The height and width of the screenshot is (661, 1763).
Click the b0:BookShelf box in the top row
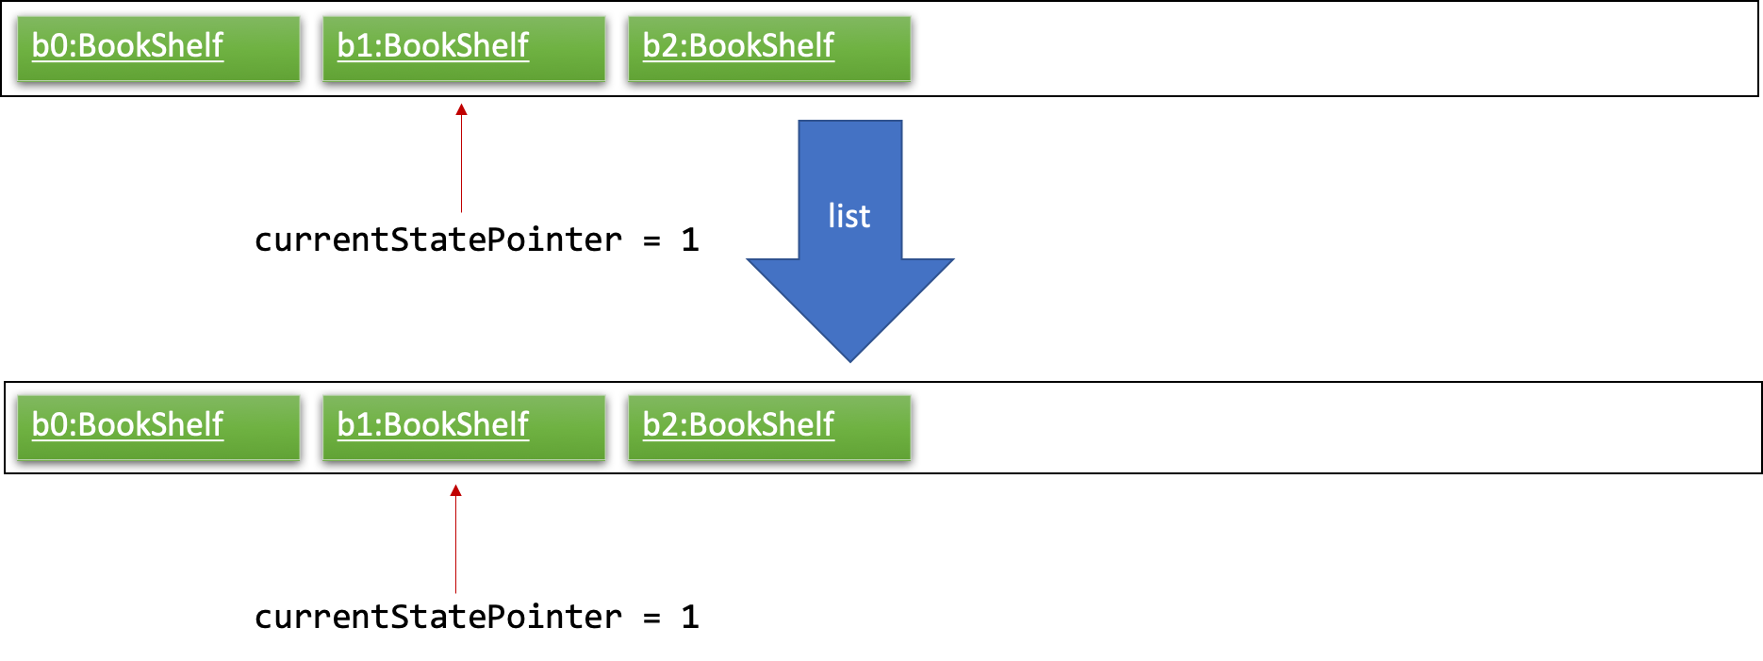[158, 49]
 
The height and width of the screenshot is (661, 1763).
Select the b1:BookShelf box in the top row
[464, 49]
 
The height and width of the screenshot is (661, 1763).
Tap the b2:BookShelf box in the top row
[769, 49]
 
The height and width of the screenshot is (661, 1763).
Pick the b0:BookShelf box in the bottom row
[158, 428]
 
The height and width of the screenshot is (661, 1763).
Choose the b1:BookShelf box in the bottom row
[464, 428]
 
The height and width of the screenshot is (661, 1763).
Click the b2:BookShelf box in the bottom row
[769, 428]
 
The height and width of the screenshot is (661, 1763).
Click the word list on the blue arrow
[849, 216]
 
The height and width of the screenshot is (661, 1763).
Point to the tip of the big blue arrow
[850, 361]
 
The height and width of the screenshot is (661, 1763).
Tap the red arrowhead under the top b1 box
[461, 109]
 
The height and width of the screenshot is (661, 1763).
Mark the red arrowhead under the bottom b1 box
[455, 490]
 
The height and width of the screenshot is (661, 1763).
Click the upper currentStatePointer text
[438, 240]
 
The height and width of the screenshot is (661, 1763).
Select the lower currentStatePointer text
[438, 617]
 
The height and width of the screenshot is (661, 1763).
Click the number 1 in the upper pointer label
[690, 240]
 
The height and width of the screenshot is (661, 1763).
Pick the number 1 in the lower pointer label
[690, 617]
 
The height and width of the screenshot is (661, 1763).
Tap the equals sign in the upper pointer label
[651, 240]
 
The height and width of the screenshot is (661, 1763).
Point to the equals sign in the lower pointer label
[651, 618]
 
